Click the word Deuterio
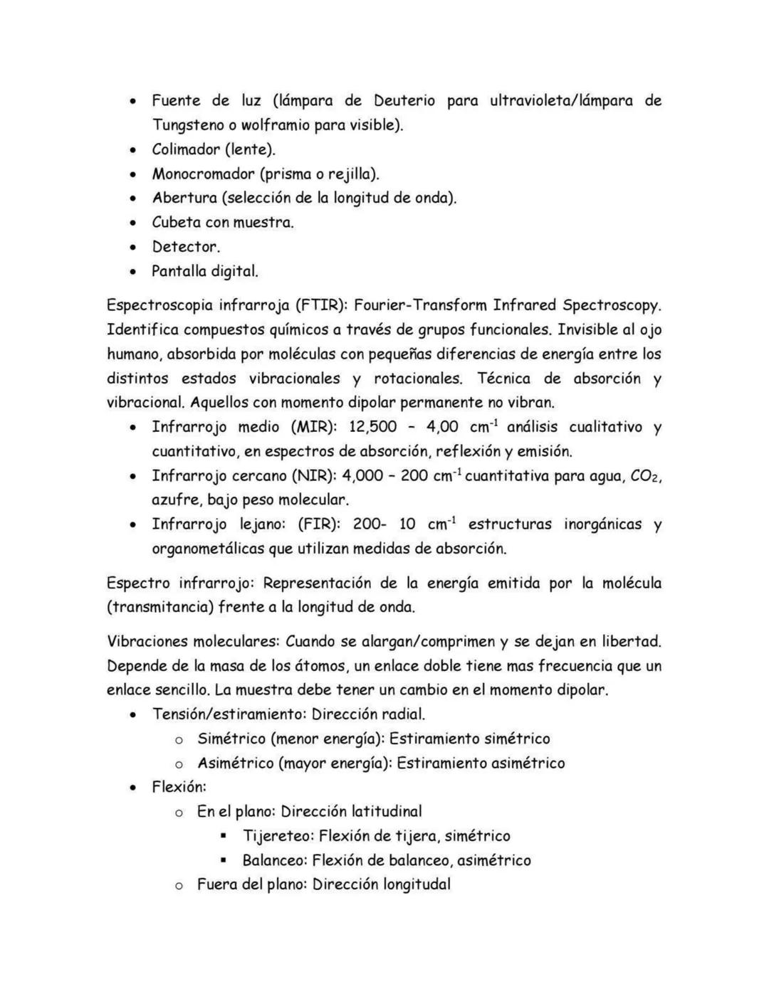point(404,101)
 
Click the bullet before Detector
point(132,248)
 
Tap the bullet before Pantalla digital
point(132,272)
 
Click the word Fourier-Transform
point(419,306)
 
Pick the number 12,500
point(372,428)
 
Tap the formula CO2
point(646,476)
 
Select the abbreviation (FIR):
point(318,525)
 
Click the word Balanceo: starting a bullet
point(274,860)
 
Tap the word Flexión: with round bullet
point(179,788)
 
